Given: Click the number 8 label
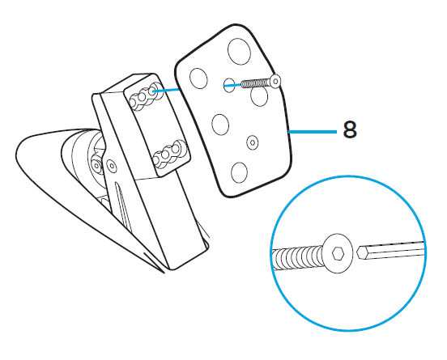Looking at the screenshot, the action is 350,129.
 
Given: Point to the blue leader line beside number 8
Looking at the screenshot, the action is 313,132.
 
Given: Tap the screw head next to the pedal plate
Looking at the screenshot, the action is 275,81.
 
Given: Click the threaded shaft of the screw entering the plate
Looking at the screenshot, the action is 255,83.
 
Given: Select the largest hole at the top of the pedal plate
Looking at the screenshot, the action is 239,51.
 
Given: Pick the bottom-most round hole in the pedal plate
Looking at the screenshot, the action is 239,172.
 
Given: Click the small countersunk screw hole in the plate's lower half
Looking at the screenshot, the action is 253,142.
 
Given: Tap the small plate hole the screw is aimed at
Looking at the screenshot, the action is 229,85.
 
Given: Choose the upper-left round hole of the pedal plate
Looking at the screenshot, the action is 198,78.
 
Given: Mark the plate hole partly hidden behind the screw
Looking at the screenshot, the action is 259,96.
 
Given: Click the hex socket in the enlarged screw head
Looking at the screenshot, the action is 338,253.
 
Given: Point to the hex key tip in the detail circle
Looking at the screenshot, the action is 360,252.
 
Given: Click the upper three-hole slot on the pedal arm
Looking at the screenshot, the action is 146,96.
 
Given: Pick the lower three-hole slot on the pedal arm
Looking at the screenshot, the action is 168,154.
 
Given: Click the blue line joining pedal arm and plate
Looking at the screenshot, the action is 166,90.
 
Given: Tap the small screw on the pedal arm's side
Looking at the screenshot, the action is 112,165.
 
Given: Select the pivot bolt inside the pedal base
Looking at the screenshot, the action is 96,165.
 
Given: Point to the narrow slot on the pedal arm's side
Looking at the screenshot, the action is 121,203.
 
